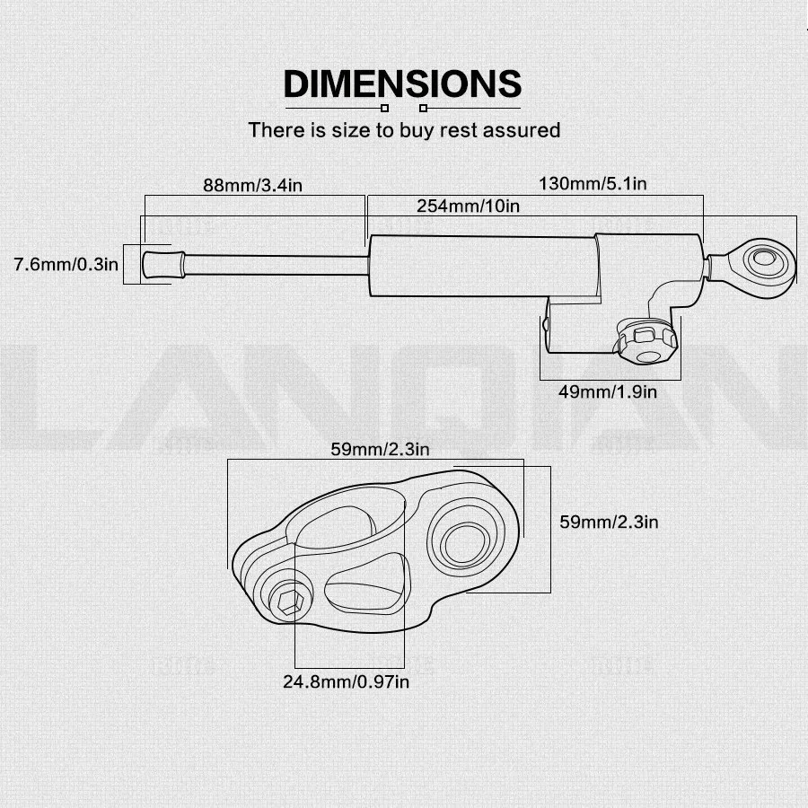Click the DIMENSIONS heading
(402, 83)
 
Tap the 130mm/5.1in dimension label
(593, 184)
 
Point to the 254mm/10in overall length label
(468, 206)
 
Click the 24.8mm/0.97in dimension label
(347, 682)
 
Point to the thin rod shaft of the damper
(274, 264)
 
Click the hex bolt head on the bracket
(290, 601)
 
